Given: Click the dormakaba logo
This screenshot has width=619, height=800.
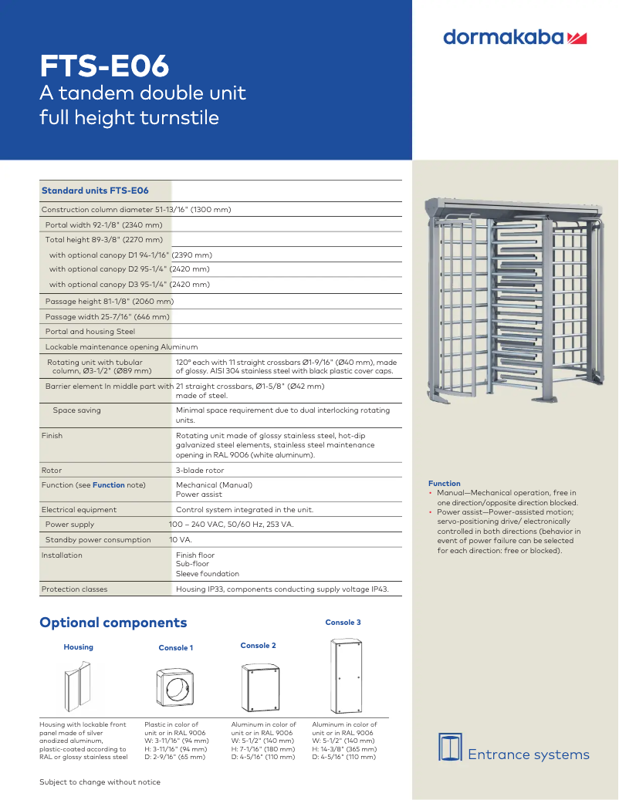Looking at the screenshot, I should click(x=516, y=37).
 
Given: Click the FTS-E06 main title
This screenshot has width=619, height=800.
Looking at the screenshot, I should click(x=104, y=66).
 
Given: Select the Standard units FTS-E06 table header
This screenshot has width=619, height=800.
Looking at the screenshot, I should click(x=94, y=191).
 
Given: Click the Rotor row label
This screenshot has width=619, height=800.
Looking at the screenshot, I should click(x=52, y=470).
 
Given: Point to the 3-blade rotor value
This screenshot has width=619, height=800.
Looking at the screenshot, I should click(x=200, y=470).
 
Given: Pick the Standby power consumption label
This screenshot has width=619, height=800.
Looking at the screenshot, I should click(x=98, y=540).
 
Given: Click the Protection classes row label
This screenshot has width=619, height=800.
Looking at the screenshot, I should click(x=74, y=589).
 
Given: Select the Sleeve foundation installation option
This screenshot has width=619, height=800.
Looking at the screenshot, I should click(x=207, y=574).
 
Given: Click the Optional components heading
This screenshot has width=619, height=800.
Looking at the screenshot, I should click(x=113, y=623).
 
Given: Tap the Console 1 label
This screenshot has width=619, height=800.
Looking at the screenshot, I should click(x=176, y=648).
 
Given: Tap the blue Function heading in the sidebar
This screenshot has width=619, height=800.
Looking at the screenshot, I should click(x=444, y=484).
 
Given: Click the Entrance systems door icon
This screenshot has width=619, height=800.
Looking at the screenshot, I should click(x=450, y=746).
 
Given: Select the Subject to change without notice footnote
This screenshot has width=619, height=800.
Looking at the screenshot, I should click(x=100, y=782).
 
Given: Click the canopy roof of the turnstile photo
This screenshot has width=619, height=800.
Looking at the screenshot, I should click(x=512, y=206).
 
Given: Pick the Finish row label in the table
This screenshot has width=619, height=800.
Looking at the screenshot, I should click(x=52, y=436).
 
